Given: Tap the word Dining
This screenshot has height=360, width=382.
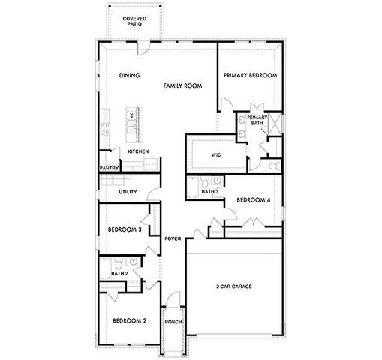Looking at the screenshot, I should [130, 76].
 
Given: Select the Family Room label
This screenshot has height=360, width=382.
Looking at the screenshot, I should [184, 87].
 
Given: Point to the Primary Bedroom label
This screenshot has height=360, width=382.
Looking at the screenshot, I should [251, 76].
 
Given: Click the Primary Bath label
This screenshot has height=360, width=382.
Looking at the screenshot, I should [257, 120].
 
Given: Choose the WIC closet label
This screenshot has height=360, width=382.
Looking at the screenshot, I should [215, 154].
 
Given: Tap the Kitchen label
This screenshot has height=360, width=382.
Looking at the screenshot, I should [138, 151].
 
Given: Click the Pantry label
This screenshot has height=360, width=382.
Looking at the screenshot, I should [110, 168].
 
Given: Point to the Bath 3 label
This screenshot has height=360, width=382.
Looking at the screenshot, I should [210, 192].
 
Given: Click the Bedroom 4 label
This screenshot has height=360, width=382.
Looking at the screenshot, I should [253, 200].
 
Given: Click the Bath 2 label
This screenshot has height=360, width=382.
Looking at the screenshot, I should [119, 273].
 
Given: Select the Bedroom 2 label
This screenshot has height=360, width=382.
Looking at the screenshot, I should [129, 320].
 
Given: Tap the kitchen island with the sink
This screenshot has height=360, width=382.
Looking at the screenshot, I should [133, 124].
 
